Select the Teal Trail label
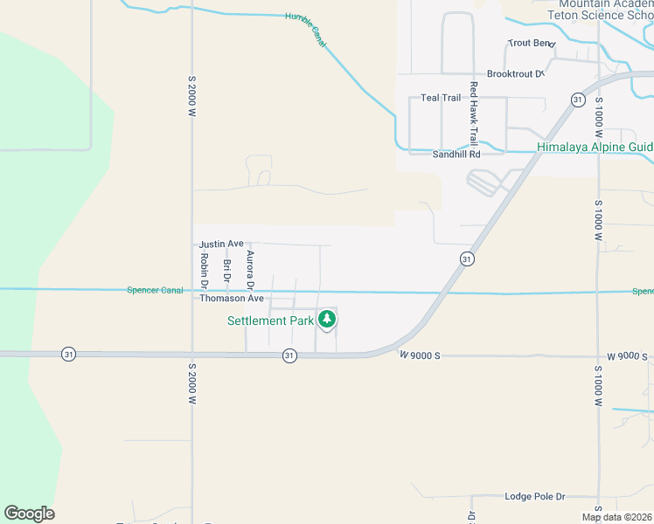[441, 98]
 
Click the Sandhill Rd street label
[456, 154]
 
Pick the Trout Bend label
[532, 43]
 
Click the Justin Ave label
[221, 244]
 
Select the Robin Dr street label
[204, 271]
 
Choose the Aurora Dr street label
[250, 271]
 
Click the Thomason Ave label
[232, 298]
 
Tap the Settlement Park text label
[270, 321]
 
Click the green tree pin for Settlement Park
[327, 320]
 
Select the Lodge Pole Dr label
[535, 496]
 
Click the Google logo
[29, 514]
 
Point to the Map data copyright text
[616, 517]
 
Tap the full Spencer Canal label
[155, 290]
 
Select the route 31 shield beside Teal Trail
[578, 100]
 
